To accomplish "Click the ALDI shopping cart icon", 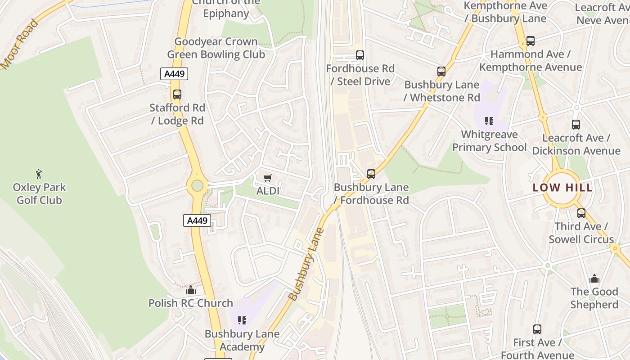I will click(268, 178).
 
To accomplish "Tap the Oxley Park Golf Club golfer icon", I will click(39, 174).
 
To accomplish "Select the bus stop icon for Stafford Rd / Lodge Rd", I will click(177, 94).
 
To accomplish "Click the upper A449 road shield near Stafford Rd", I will click(174, 74).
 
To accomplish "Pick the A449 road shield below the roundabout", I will click(197, 220).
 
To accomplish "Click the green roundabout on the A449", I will click(197, 185).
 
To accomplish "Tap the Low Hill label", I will click(562, 188).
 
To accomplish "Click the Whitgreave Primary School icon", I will click(489, 121).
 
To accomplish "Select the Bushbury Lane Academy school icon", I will click(242, 320).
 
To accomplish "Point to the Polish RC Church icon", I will click(191, 290).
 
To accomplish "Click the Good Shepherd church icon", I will click(594, 279).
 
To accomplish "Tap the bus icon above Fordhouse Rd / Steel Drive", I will click(360, 55).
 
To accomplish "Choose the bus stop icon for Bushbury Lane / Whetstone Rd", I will click(441, 72).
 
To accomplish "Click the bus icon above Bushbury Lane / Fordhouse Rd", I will click(371, 174).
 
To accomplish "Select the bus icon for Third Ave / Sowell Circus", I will click(581, 213).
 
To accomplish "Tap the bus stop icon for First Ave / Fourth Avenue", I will click(537, 329).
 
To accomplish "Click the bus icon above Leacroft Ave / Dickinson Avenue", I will click(576, 125).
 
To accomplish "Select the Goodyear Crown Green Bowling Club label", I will click(216, 48).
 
